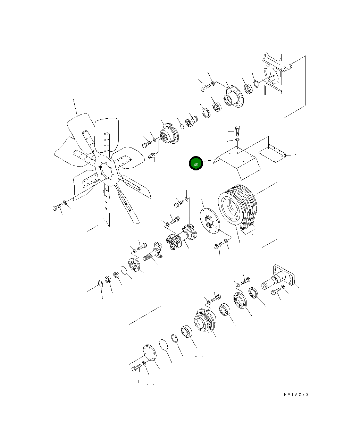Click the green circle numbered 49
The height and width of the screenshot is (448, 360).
point(196,163)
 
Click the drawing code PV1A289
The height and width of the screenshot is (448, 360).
point(296,394)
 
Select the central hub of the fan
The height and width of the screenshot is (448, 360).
point(106,171)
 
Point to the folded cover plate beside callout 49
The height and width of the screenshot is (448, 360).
point(237,162)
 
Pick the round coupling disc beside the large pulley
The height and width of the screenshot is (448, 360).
point(210,221)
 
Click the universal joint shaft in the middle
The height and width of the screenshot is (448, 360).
point(182,237)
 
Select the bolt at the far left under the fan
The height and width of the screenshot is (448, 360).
point(58,207)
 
